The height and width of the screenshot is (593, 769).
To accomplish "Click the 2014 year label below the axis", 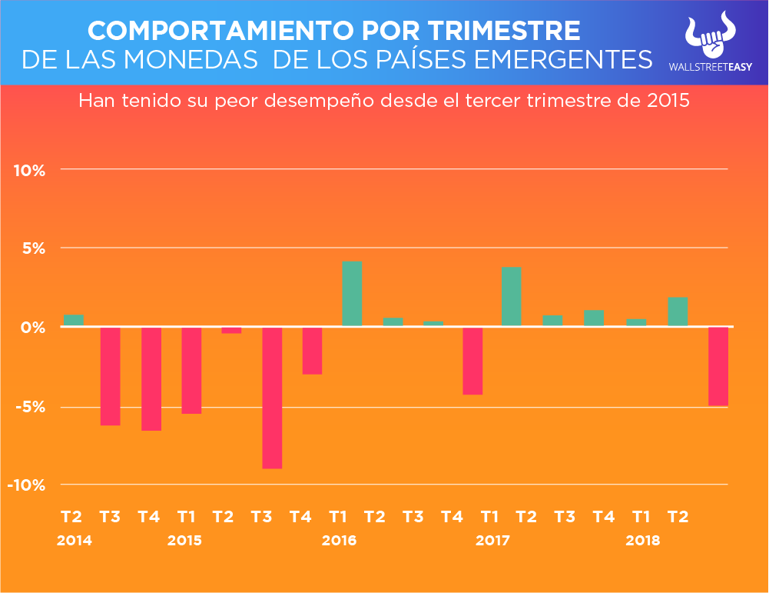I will coord(75,540).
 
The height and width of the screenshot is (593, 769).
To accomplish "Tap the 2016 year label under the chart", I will coord(339,540).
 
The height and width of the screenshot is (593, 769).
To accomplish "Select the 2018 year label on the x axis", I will coord(642,540).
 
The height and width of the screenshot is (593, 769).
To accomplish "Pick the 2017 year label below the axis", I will coord(492,540).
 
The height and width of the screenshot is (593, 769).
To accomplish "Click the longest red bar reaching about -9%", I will coord(272,398).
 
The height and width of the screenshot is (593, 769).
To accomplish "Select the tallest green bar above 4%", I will coord(352,294).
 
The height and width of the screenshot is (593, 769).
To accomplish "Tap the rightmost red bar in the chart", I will coord(718,366).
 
